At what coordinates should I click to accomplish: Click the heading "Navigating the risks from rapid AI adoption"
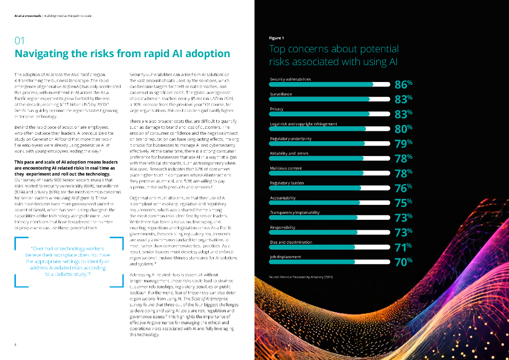[x=122, y=54]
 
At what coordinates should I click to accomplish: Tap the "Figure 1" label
[x=276, y=38]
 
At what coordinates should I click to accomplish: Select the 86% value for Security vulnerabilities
[x=403, y=85]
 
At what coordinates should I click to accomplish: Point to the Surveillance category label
[x=281, y=94]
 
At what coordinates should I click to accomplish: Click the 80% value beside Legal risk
[x=403, y=129]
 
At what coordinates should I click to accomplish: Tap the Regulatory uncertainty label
[x=291, y=139]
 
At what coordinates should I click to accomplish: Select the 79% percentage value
[x=403, y=144]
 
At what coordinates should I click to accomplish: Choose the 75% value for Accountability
[x=403, y=203]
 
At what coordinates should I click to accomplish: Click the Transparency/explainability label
[x=295, y=212]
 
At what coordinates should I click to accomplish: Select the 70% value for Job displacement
[x=403, y=262]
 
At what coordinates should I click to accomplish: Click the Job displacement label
[x=285, y=257]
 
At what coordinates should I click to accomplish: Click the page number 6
[x=15, y=344]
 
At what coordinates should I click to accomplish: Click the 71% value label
[x=403, y=247]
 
